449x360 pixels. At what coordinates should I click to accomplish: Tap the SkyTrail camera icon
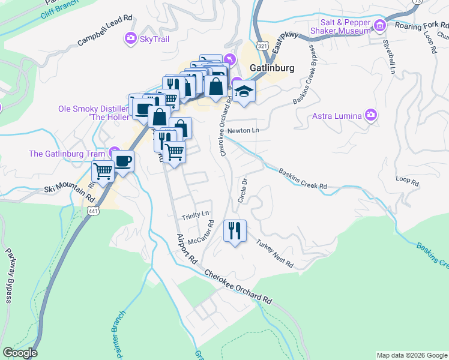point(130,39)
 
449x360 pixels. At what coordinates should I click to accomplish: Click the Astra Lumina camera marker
point(371,115)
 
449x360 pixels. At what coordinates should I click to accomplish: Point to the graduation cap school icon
point(244,92)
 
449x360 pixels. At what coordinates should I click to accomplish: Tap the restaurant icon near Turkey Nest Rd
point(235,230)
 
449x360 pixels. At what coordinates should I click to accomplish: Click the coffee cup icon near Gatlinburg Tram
point(123,161)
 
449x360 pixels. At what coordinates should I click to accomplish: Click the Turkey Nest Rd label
point(274,254)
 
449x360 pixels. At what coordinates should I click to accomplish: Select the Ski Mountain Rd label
point(70,193)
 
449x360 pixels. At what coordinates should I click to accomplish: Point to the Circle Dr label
point(243,190)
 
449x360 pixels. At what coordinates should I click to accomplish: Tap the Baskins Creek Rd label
point(303,179)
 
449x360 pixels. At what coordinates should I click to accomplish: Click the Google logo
point(20,353)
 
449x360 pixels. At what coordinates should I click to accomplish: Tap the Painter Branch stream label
point(118,334)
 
